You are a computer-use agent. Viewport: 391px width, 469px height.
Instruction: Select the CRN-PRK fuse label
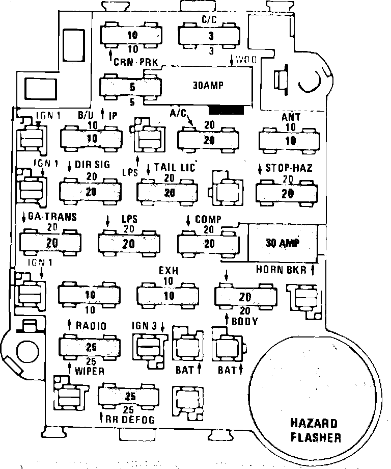(x=137, y=62)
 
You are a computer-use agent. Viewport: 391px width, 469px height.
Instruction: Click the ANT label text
(x=291, y=117)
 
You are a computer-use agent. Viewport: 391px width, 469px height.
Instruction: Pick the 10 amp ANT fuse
(x=291, y=139)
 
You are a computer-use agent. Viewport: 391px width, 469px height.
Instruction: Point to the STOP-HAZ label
(x=289, y=168)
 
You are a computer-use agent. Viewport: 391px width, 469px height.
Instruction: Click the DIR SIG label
(x=92, y=165)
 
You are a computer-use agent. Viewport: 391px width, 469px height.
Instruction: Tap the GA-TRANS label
(x=53, y=217)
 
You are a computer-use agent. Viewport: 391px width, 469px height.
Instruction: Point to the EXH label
(x=169, y=270)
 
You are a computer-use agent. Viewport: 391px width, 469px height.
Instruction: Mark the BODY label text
(x=244, y=322)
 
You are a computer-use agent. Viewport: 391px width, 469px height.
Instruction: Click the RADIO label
(x=90, y=325)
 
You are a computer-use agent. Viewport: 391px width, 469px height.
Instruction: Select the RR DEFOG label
(x=130, y=420)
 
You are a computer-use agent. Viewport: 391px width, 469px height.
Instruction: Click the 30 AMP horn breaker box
(x=282, y=243)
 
